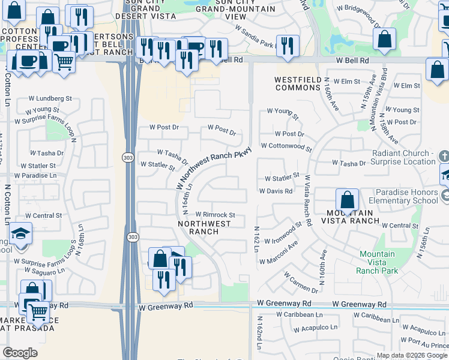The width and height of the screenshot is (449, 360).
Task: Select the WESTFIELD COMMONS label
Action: click(x=298, y=83)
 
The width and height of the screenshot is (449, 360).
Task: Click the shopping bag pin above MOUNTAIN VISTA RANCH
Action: click(x=347, y=200)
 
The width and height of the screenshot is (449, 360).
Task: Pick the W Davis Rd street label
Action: click(x=276, y=191)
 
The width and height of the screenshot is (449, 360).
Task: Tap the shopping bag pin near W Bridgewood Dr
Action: click(x=384, y=39)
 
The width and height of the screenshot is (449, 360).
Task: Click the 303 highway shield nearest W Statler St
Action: click(x=127, y=157)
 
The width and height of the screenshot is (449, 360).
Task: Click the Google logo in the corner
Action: click(x=20, y=353)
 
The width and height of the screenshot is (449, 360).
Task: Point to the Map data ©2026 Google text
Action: click(x=411, y=355)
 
